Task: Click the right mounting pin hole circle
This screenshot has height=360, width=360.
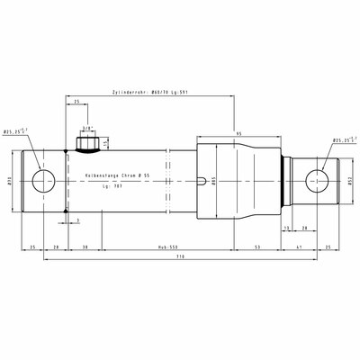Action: [319, 179]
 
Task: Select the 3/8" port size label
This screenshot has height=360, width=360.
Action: [87, 128]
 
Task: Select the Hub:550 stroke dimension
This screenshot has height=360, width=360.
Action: [157, 245]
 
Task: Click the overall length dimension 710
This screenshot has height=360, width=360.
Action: [181, 257]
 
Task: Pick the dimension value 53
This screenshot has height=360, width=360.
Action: [256, 245]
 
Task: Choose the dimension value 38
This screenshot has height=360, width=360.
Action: [85, 245]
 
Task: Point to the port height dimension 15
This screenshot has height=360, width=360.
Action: [106, 142]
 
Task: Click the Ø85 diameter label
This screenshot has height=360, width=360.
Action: [212, 179]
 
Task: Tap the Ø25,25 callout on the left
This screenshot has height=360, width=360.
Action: [15, 131]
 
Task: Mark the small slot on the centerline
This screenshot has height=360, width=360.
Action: [199, 183]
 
